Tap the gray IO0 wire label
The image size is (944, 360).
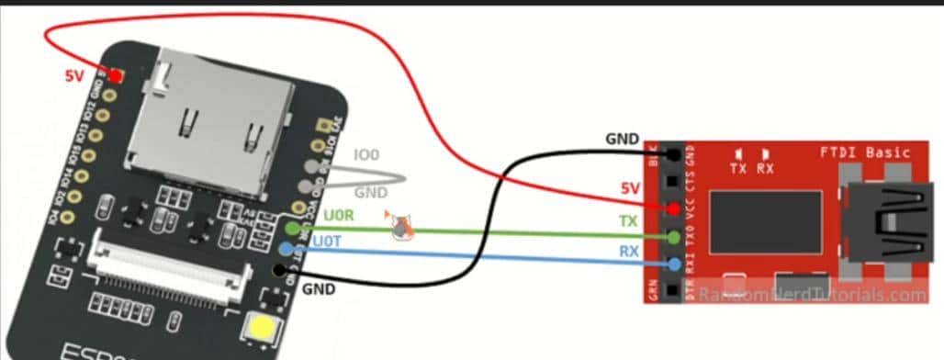click(x=366, y=156)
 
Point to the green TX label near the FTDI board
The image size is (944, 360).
click(x=629, y=222)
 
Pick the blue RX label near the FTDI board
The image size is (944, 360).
click(x=629, y=251)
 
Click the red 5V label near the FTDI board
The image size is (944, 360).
click(x=628, y=188)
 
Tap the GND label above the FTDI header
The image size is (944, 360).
click(x=623, y=140)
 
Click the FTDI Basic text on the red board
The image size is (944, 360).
click(x=864, y=152)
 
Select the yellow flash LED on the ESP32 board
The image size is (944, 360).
click(x=256, y=328)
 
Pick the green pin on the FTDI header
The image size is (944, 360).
click(x=675, y=238)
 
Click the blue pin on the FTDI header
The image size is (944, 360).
click(x=675, y=265)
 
